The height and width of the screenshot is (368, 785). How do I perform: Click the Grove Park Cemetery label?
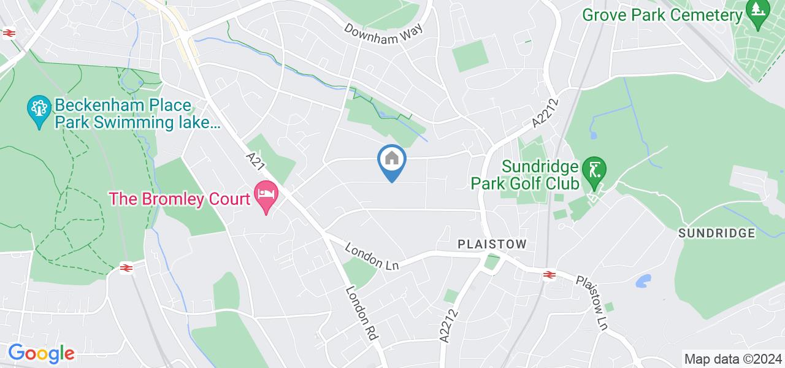662,15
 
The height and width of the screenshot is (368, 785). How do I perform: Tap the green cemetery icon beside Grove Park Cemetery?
759,13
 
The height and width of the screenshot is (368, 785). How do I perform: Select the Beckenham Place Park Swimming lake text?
137,114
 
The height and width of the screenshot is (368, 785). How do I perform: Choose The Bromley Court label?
180,198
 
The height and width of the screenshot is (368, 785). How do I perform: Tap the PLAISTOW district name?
492,244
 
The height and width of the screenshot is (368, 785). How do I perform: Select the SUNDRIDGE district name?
716,233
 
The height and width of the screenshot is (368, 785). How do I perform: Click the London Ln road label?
372,257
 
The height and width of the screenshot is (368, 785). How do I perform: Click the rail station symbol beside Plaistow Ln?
549,275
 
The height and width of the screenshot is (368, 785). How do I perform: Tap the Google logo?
40,353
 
